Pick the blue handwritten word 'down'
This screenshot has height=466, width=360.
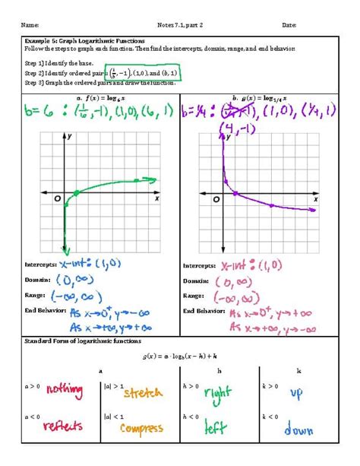[298, 429]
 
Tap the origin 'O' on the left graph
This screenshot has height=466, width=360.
[57, 198]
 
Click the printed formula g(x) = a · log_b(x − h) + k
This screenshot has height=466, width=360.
[178, 355]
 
